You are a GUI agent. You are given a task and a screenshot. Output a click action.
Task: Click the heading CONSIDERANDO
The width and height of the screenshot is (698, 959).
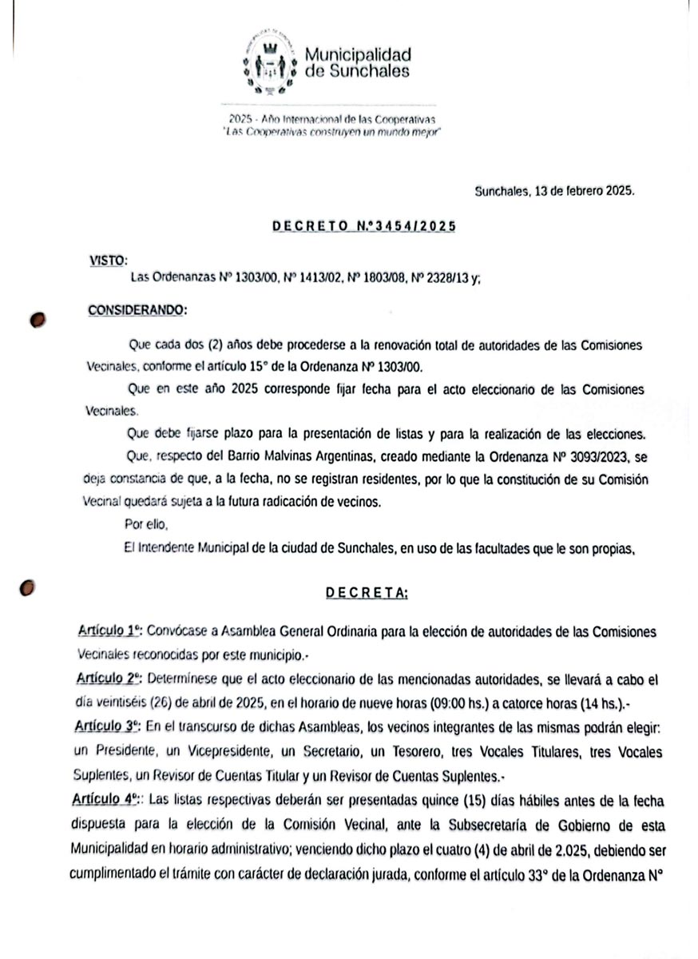pyautogui.click(x=137, y=309)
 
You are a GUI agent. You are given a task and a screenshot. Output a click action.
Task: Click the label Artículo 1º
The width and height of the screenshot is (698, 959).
pyautogui.click(x=109, y=631)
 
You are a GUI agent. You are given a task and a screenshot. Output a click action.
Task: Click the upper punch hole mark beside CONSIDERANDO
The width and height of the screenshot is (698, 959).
pyautogui.click(x=37, y=318)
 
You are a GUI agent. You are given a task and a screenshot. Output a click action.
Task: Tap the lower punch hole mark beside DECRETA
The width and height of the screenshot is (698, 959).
pyautogui.click(x=28, y=587)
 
